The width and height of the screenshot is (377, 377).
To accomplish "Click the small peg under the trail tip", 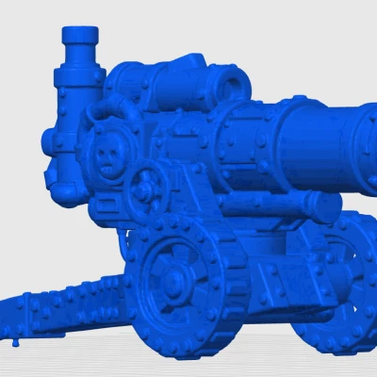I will [x=15, y=343].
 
